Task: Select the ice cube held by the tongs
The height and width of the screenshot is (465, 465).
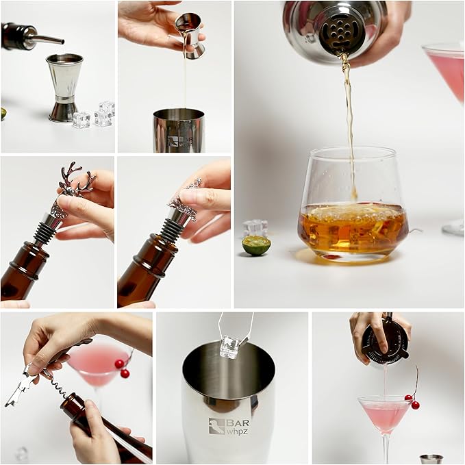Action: click(231, 347)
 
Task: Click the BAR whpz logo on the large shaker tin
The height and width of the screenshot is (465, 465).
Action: click(229, 427)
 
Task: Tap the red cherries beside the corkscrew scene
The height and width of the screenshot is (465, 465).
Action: click(122, 368)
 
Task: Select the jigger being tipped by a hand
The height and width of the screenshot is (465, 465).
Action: click(190, 36)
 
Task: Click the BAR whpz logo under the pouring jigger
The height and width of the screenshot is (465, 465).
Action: click(181, 141)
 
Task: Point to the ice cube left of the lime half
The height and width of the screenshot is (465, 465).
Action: click(255, 228)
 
